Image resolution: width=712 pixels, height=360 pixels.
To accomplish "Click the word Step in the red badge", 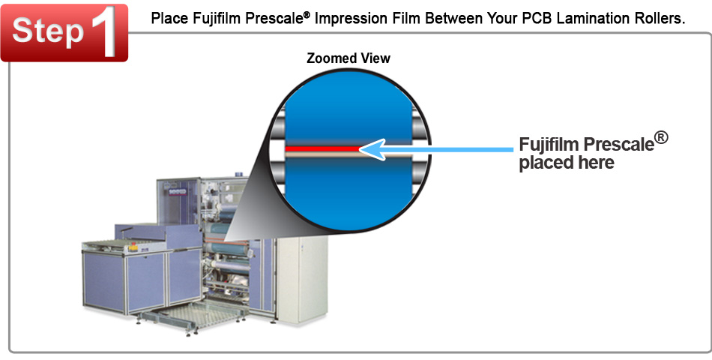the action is [48, 31].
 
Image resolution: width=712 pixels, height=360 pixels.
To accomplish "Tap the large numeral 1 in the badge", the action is [106, 31].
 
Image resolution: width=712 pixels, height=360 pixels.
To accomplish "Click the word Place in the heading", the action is [169, 18].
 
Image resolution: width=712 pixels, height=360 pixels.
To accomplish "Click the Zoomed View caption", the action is [349, 58].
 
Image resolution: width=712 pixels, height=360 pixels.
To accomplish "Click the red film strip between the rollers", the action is [322, 148].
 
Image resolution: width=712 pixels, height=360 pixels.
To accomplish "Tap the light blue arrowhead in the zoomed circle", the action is [372, 149].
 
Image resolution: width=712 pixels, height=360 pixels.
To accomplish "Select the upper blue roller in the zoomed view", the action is [349, 108].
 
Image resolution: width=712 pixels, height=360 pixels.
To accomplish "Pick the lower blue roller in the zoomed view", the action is [349, 191].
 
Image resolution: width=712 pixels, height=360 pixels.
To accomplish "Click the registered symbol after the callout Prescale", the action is [661, 137].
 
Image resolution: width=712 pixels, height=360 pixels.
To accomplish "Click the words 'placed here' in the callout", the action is [567, 163].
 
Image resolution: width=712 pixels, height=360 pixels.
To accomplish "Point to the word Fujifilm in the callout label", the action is [549, 144].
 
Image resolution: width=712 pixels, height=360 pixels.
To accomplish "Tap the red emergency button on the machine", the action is [134, 248].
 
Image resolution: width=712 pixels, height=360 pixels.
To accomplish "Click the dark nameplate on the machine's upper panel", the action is [177, 192].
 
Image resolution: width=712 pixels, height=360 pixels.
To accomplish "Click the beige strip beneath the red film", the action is [349, 154].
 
